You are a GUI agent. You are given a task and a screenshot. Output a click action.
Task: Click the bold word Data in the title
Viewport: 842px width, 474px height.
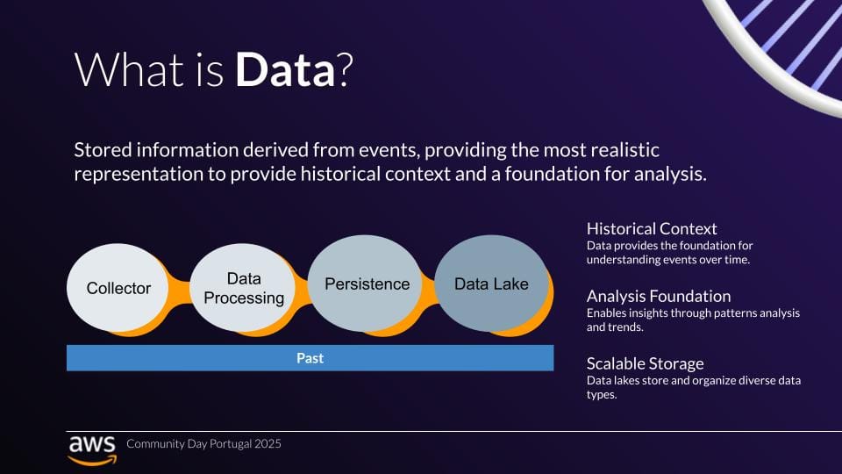click(x=285, y=69)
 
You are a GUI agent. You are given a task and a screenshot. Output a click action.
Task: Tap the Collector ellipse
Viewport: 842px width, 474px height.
click(x=118, y=288)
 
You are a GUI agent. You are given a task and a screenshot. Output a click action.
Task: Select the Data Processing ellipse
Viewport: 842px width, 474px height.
click(x=244, y=288)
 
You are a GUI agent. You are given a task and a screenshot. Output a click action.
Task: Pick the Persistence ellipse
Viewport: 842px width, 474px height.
click(x=367, y=284)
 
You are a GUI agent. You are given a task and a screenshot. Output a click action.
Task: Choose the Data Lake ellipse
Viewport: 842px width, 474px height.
click(x=491, y=284)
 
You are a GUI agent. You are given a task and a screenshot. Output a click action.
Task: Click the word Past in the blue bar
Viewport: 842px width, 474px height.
click(x=310, y=358)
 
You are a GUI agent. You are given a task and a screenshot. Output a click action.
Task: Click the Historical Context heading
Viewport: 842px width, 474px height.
click(x=652, y=229)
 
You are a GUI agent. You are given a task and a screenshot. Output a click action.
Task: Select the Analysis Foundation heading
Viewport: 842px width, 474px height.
click(x=659, y=296)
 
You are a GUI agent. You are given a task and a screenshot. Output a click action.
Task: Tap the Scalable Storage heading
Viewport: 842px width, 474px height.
click(x=646, y=363)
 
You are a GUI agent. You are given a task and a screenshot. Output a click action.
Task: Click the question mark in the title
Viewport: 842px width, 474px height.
click(x=344, y=69)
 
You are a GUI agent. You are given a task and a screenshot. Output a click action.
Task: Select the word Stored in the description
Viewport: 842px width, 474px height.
click(x=101, y=149)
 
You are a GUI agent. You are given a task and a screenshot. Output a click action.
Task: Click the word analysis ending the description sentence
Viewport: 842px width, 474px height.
click(x=673, y=174)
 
